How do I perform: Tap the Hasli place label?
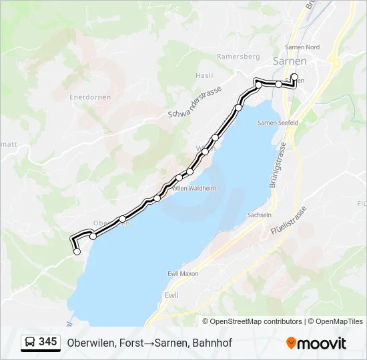pos(204,75)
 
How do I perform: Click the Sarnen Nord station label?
pos(302,47)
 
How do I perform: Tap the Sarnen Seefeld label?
pos(278,123)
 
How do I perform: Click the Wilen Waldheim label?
pos(194,189)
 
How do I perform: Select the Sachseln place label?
pos(260,215)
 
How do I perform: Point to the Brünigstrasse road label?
pos(278,165)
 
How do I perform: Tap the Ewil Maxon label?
pos(183,274)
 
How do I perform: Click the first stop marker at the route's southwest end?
pos(77,251)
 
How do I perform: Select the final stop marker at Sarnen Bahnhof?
pos(294,77)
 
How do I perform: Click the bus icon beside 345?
pos(31,343)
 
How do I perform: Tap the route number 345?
pos(48,342)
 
